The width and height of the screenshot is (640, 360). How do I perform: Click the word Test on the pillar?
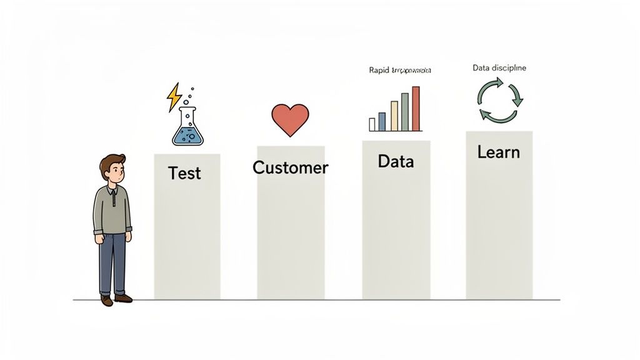click(184, 173)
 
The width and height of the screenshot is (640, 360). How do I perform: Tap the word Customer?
click(290, 167)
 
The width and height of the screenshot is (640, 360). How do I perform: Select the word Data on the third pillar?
click(396, 161)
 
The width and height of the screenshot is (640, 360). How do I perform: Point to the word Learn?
click(498, 152)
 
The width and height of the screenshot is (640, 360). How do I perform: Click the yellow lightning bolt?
click(174, 97)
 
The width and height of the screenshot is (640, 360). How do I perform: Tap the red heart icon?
click(291, 119)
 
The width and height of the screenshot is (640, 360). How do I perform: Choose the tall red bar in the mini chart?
click(416, 109)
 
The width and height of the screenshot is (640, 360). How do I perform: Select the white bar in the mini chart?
click(372, 124)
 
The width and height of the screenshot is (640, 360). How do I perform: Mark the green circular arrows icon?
click(499, 100)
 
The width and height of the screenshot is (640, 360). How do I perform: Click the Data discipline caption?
click(499, 67)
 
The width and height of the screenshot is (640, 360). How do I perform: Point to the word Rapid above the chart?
click(379, 71)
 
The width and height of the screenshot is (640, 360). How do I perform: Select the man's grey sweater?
click(112, 209)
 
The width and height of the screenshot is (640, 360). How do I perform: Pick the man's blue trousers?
click(113, 262)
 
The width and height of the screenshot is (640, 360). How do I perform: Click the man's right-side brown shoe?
click(124, 298)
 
